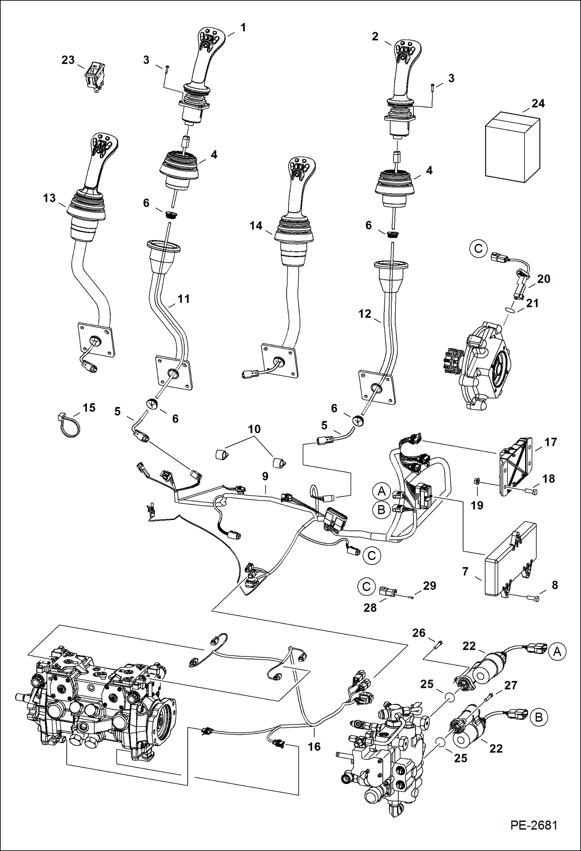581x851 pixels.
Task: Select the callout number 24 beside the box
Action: coord(538,104)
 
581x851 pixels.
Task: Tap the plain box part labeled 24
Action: coord(512,147)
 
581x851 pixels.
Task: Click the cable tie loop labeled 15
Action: coord(70,425)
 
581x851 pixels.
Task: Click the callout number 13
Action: coord(49,198)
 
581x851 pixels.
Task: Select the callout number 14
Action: coord(256,225)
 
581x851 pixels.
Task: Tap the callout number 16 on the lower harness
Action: coord(314,746)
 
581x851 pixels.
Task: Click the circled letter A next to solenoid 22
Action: coord(557,652)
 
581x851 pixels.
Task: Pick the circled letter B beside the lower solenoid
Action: coord(539,717)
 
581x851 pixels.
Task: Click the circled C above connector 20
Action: coord(478,248)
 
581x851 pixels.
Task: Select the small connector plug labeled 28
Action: coord(387,591)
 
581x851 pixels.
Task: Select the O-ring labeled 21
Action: coord(511,310)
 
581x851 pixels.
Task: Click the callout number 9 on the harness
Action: coord(265,476)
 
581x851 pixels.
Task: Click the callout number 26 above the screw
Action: coord(418,633)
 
